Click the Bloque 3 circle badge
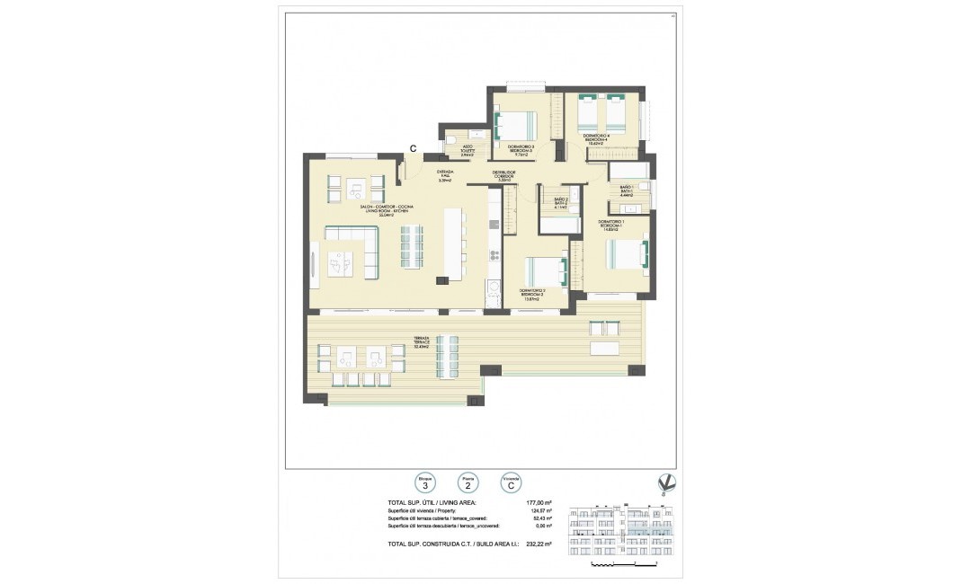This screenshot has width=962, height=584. coord(423,482)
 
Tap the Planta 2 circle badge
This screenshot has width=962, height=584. coord(468,482)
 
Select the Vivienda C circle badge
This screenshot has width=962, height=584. coord(512,482)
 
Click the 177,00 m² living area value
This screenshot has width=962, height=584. coord(539,502)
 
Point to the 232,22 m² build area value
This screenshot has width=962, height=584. coord(539,544)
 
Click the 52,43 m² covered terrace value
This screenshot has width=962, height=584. coord(540,518)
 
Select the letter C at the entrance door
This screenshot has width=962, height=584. coord(413,149)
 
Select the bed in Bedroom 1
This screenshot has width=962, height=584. coord(627,254)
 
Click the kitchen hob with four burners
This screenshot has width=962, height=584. coord(494,255)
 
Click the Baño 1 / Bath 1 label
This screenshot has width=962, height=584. coord(627,190)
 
